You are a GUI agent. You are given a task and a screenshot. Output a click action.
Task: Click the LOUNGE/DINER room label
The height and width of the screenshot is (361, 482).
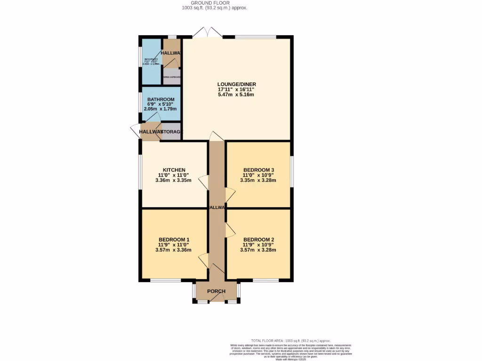click(x=236, y=84)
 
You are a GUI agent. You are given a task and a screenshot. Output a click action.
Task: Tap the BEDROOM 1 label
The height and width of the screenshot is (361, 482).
click(x=174, y=239)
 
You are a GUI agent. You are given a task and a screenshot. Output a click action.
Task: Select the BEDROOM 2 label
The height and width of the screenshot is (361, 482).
click(x=258, y=239)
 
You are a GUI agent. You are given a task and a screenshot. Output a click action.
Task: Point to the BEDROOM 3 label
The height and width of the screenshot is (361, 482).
click(x=258, y=170)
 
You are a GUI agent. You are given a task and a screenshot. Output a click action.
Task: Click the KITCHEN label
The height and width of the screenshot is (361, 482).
click(x=174, y=170)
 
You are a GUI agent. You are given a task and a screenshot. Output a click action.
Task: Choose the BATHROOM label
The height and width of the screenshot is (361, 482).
click(x=161, y=100)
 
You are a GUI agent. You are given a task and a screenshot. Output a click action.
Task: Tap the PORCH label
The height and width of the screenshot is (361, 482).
click(x=216, y=291)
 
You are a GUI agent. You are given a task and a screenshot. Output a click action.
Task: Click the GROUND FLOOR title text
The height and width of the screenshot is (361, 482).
click(x=215, y=3)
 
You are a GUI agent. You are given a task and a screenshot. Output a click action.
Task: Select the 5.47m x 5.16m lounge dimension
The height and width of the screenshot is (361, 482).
click(x=236, y=94)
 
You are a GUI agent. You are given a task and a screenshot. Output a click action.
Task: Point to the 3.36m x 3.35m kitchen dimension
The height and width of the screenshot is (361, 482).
click(x=174, y=180)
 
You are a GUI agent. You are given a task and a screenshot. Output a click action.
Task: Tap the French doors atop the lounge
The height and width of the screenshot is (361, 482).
click(x=208, y=32)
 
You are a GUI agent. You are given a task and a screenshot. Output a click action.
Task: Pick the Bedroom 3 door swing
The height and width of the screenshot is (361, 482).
click(x=230, y=194)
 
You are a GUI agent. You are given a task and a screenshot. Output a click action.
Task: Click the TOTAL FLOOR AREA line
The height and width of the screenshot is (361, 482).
click(x=290, y=340)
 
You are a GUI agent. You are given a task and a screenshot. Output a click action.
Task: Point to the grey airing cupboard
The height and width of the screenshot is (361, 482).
click(x=172, y=77)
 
